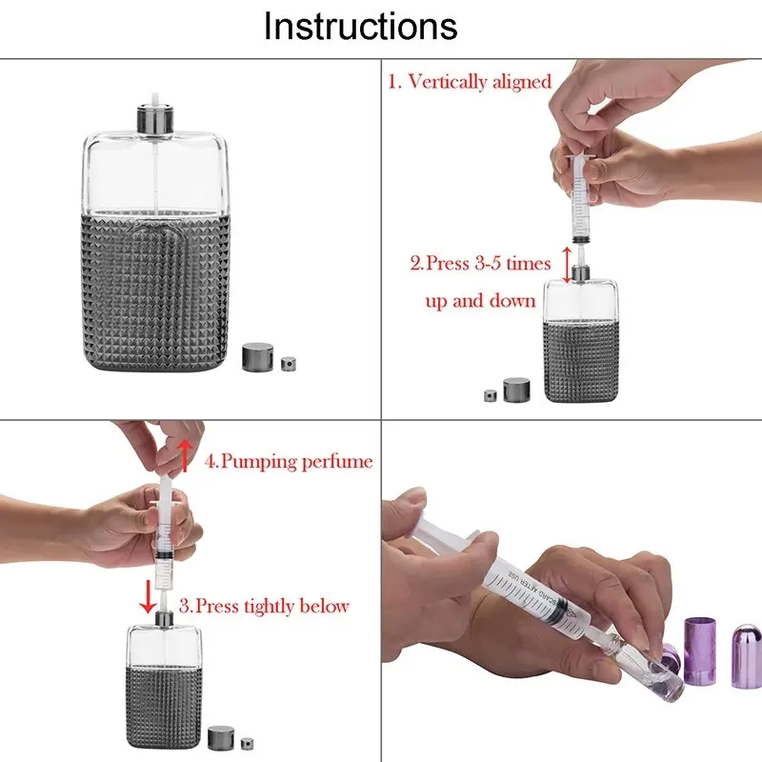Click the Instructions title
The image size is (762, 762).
coord(360,26)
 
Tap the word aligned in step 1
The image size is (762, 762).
coord(522,81)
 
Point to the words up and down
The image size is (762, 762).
coord(480,301)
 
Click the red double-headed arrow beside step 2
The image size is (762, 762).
coord(567,265)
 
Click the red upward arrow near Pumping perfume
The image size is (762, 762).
coord(184,455)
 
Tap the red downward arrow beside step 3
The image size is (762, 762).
coord(148,596)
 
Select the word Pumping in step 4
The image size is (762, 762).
coord(258,461)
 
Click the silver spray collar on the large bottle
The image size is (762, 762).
coord(155,118)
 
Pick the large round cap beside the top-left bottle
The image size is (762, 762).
coord(257,357)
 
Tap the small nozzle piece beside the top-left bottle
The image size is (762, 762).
coord(289,363)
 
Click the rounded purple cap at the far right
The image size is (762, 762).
coord(747,656)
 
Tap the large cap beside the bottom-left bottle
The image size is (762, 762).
coord(221,737)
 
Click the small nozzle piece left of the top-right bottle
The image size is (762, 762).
coord(491,395)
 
